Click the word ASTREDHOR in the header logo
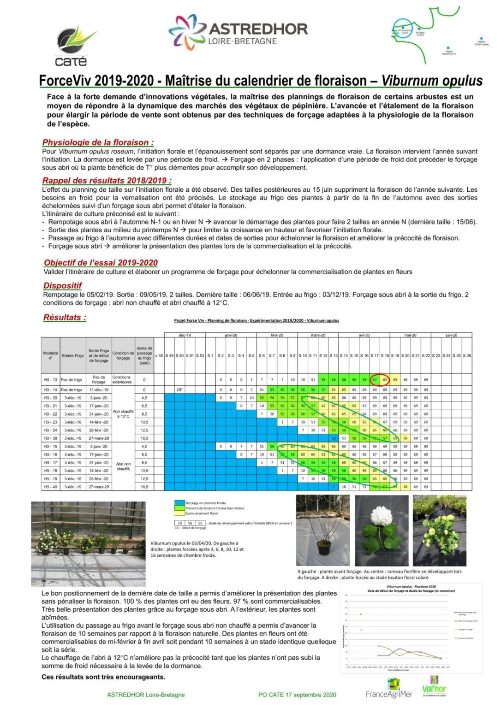(x=258, y=29)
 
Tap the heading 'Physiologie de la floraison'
(x=98, y=142)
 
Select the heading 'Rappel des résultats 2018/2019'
(x=107, y=181)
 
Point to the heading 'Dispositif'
(x=62, y=285)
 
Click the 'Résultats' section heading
(x=65, y=317)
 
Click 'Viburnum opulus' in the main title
(x=432, y=81)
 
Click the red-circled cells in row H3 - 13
(x=380, y=380)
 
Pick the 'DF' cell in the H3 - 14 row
(x=180, y=389)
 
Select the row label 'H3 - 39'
(x=51, y=438)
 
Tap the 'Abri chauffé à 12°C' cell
(x=123, y=414)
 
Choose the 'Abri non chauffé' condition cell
(x=123, y=466)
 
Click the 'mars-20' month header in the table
(x=318, y=335)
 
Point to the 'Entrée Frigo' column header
(x=73, y=355)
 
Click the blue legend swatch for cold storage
(x=179, y=503)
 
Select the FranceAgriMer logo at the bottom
(x=389, y=693)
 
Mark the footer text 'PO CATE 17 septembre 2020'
(x=297, y=695)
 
